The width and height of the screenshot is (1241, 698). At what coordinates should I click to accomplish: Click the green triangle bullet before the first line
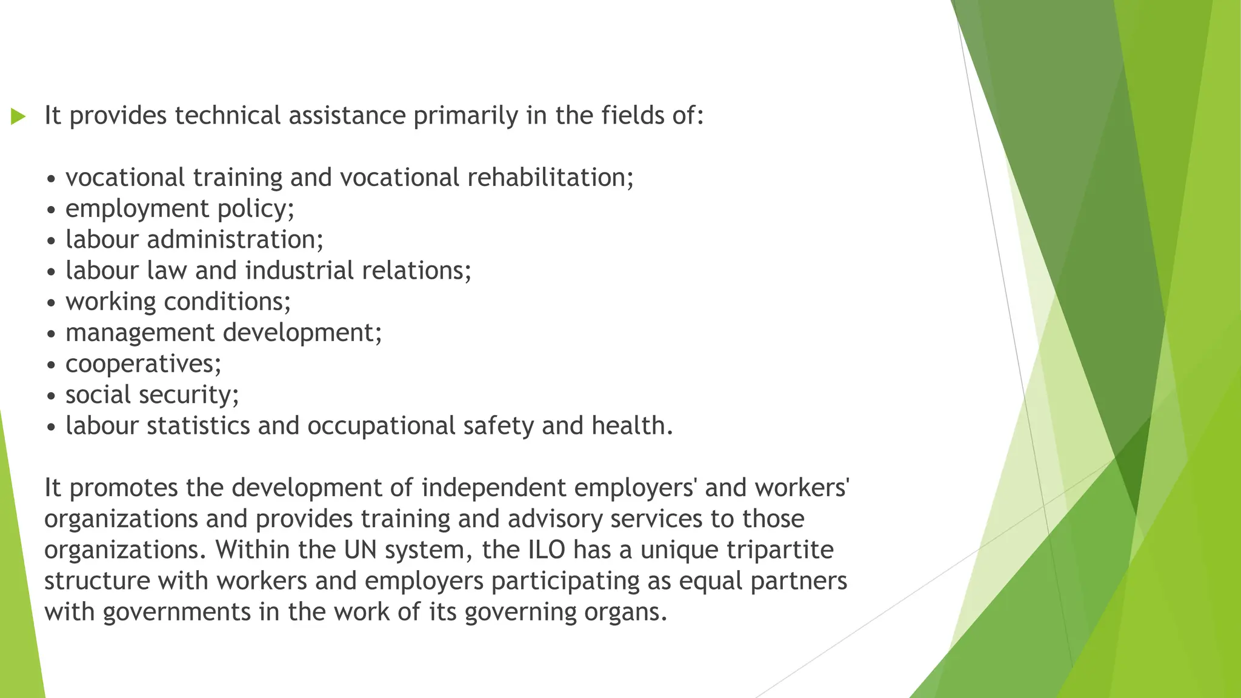18,116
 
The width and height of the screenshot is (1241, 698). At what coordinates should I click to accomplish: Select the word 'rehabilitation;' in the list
550,178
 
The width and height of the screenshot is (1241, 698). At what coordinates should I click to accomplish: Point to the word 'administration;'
235,239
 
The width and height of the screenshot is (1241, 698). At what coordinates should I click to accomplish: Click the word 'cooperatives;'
144,364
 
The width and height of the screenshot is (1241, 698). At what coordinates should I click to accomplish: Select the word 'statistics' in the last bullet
198,425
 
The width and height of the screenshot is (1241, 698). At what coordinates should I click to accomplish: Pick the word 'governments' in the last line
176,612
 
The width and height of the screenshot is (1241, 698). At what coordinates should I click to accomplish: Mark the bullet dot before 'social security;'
52,396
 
